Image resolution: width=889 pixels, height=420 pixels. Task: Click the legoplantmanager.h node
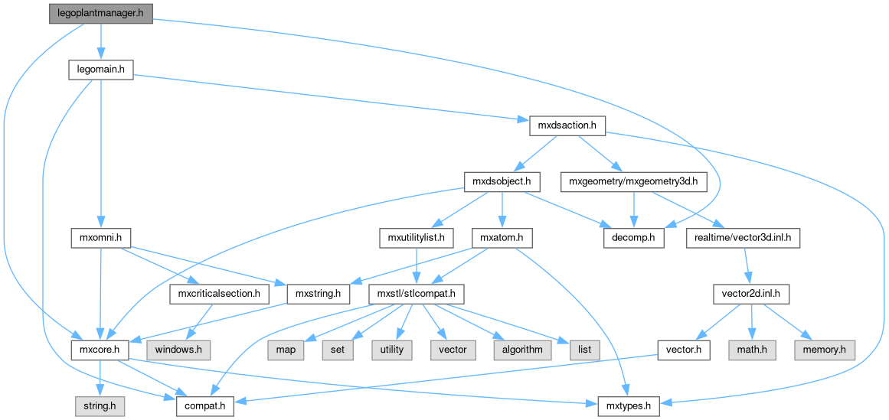tap(100, 15)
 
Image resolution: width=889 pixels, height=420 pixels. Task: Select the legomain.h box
tap(100, 70)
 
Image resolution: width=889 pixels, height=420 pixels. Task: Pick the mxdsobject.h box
tap(502, 182)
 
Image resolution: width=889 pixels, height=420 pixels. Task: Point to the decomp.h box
tap(632, 238)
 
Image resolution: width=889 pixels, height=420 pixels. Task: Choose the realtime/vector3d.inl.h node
tap(744, 238)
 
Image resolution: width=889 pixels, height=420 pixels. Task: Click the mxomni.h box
tap(100, 238)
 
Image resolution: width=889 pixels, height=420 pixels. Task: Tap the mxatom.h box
tap(502, 238)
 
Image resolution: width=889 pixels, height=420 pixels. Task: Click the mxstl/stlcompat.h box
tap(413, 294)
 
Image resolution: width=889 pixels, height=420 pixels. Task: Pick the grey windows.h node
tap(179, 350)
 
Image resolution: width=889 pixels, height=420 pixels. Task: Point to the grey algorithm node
tap(523, 350)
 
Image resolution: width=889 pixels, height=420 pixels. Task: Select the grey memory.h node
tap(824, 350)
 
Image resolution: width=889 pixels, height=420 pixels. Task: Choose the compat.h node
tap(204, 405)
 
